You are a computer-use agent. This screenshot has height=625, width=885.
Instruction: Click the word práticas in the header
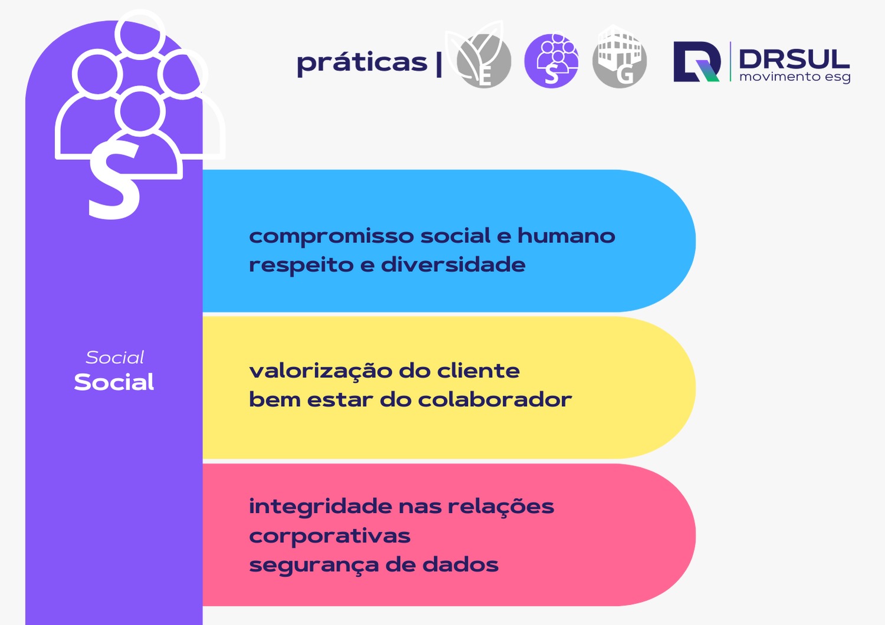tap(362, 63)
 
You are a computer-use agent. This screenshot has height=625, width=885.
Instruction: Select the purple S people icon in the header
tap(551, 61)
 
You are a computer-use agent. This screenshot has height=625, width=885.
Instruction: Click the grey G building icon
tap(619, 59)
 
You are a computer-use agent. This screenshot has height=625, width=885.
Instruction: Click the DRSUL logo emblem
tap(697, 61)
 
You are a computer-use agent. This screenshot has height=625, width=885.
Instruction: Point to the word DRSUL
tap(794, 58)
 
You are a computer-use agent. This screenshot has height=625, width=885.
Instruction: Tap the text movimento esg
tap(795, 77)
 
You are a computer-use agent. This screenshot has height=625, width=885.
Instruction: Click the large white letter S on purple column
tap(115, 182)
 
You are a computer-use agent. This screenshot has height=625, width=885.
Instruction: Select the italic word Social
tap(114, 357)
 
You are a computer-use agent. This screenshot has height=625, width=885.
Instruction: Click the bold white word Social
tap(114, 382)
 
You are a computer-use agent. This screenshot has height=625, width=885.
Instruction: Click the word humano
tap(566, 235)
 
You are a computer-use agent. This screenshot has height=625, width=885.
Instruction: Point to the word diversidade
tap(453, 264)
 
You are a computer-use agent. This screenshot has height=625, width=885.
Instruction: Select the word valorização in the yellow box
tap(320, 371)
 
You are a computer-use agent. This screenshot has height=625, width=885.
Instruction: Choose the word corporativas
tap(329, 537)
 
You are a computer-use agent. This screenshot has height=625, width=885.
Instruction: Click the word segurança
tap(313, 565)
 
